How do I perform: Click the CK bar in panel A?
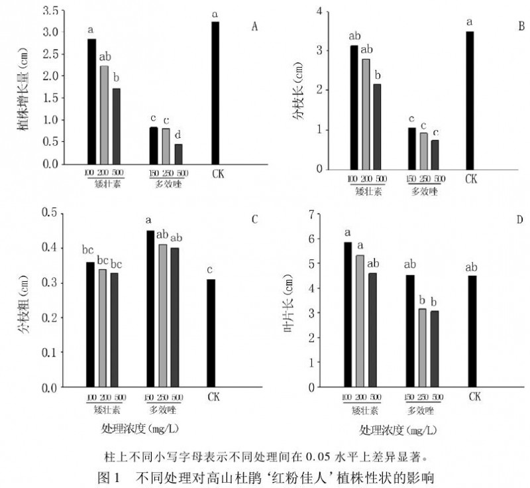tap(215, 93)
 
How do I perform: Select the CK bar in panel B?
tap(470, 99)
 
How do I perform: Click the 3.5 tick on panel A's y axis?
tap(50, 11)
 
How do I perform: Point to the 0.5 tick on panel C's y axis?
tap(50, 212)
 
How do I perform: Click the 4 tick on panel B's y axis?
tap(319, 11)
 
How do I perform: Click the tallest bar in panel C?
tap(150, 308)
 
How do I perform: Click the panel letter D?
tap(520, 219)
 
